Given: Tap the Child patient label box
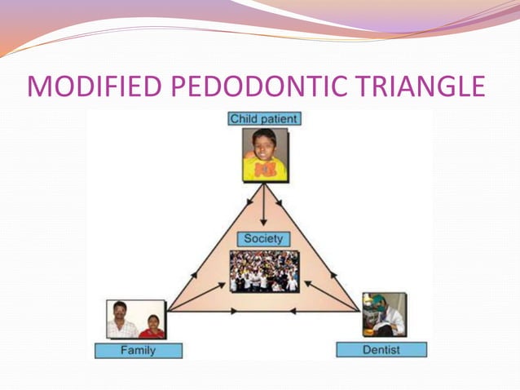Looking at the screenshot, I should (x=264, y=119).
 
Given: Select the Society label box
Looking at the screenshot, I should (x=263, y=239).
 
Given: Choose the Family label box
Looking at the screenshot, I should (x=138, y=351).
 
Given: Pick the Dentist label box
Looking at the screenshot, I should (x=381, y=350).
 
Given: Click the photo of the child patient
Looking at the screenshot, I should (x=264, y=154).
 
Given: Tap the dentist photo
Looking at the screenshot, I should (x=384, y=315).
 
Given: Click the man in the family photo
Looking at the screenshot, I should (x=122, y=319).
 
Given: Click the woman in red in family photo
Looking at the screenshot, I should (x=152, y=326).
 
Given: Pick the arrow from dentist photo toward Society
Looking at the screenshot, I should (x=330, y=296).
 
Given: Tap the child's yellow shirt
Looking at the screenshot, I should (x=264, y=169).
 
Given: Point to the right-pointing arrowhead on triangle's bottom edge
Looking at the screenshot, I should (x=234, y=311).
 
